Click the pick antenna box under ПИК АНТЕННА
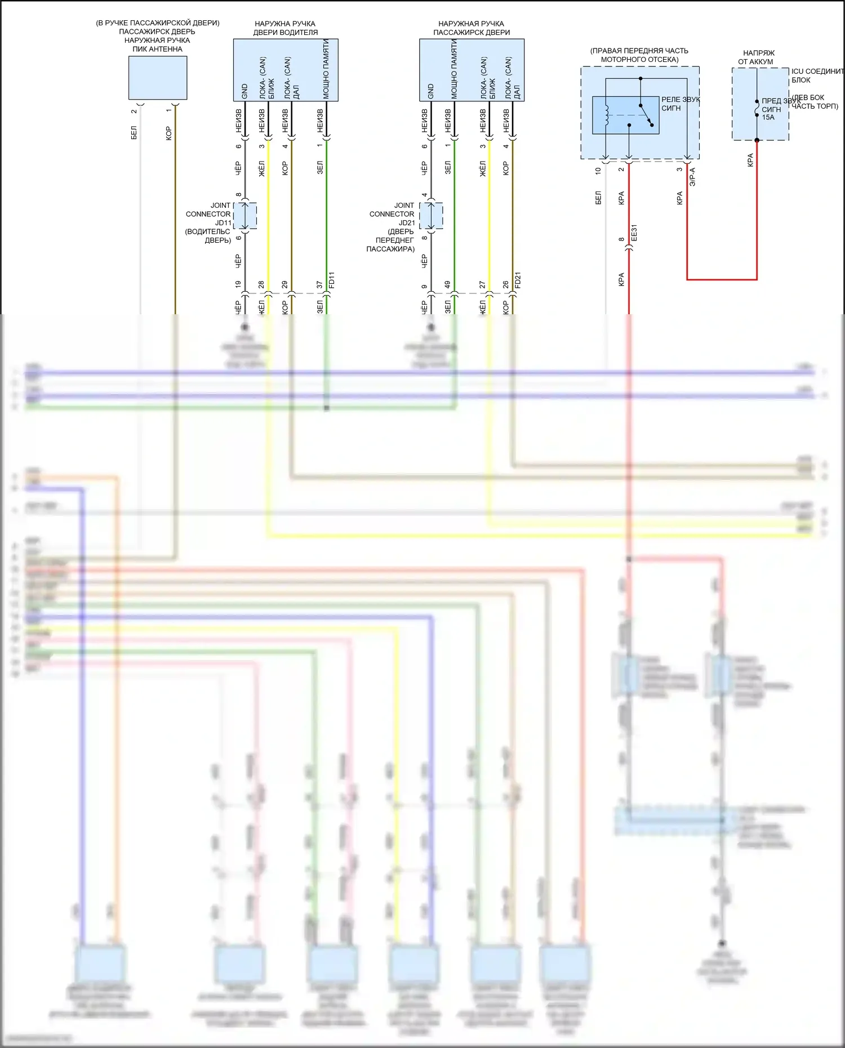pyautogui.click(x=158, y=78)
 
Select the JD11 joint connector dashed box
pyautogui.click(x=246, y=216)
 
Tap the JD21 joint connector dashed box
pyautogui.click(x=432, y=216)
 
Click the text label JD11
pyautogui.click(x=223, y=223)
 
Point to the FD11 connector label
pyautogui.click(x=331, y=280)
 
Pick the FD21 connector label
pyautogui.click(x=518, y=280)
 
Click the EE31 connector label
pyautogui.click(x=634, y=233)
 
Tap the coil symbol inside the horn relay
pyautogui.click(x=606, y=115)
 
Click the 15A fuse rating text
pyautogui.click(x=768, y=118)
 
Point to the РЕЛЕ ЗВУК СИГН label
pyautogui.click(x=680, y=104)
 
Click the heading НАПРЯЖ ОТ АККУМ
pyautogui.click(x=757, y=57)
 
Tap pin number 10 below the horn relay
pyautogui.click(x=598, y=171)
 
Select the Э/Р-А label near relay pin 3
pyautogui.click(x=692, y=176)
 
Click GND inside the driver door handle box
pyautogui.click(x=244, y=91)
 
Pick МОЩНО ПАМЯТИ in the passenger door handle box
pyautogui.click(x=454, y=70)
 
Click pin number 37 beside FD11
pyautogui.click(x=319, y=285)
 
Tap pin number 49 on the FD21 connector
pyautogui.click(x=448, y=285)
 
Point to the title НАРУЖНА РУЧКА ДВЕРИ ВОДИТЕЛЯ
pyautogui.click(x=285, y=28)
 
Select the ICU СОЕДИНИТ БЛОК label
pyautogui.click(x=817, y=75)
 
